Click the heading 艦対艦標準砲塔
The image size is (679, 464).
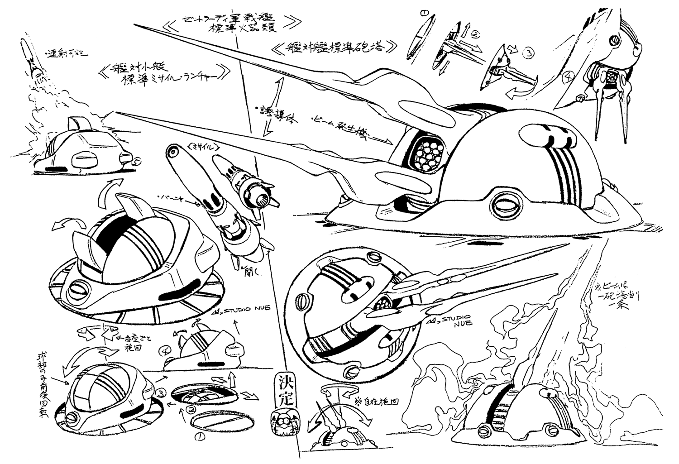[x=337, y=47]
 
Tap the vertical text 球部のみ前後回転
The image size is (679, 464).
[x=42, y=387]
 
